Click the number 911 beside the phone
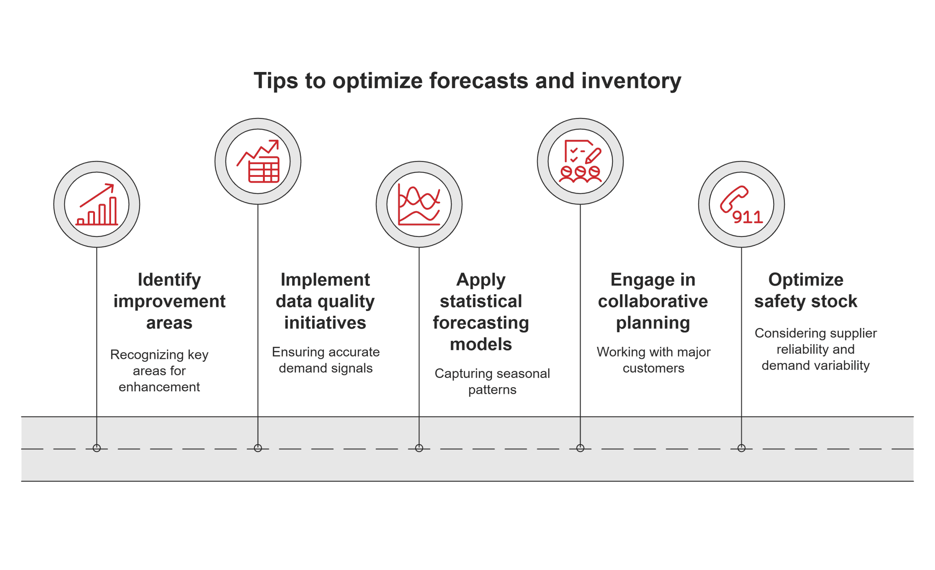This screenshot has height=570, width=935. pyautogui.click(x=747, y=217)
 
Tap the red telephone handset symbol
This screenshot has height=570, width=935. pyautogui.click(x=733, y=198)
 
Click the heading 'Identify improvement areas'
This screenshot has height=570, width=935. pyautogui.click(x=169, y=301)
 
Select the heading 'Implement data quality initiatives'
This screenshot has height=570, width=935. pyautogui.click(x=325, y=301)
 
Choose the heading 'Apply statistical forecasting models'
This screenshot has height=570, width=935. pyautogui.click(x=481, y=312)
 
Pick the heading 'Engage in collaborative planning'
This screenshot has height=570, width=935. pyautogui.click(x=653, y=301)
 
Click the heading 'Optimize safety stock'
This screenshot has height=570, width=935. pyautogui.click(x=806, y=290)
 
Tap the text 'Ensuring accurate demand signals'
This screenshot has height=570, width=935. pyautogui.click(x=325, y=360)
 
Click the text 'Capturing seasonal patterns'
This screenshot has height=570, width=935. pyautogui.click(x=492, y=381)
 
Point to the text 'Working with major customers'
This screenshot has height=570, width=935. pyautogui.click(x=653, y=360)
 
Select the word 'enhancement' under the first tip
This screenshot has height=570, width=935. pyautogui.click(x=159, y=387)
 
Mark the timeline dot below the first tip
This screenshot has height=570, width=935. pyautogui.click(x=97, y=448)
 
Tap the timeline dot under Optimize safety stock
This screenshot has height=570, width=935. pyautogui.click(x=741, y=448)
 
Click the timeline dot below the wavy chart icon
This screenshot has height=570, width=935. pyautogui.click(x=419, y=448)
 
